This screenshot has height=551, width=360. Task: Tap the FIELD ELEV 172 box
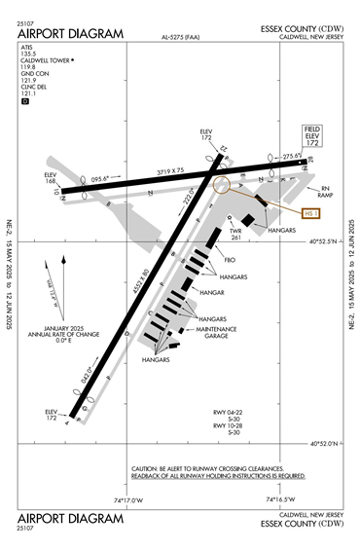[312, 136]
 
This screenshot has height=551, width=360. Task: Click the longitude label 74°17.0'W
[127, 500]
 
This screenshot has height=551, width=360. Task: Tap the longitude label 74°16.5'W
[281, 500]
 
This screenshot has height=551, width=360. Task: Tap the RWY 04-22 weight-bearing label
[233, 415]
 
